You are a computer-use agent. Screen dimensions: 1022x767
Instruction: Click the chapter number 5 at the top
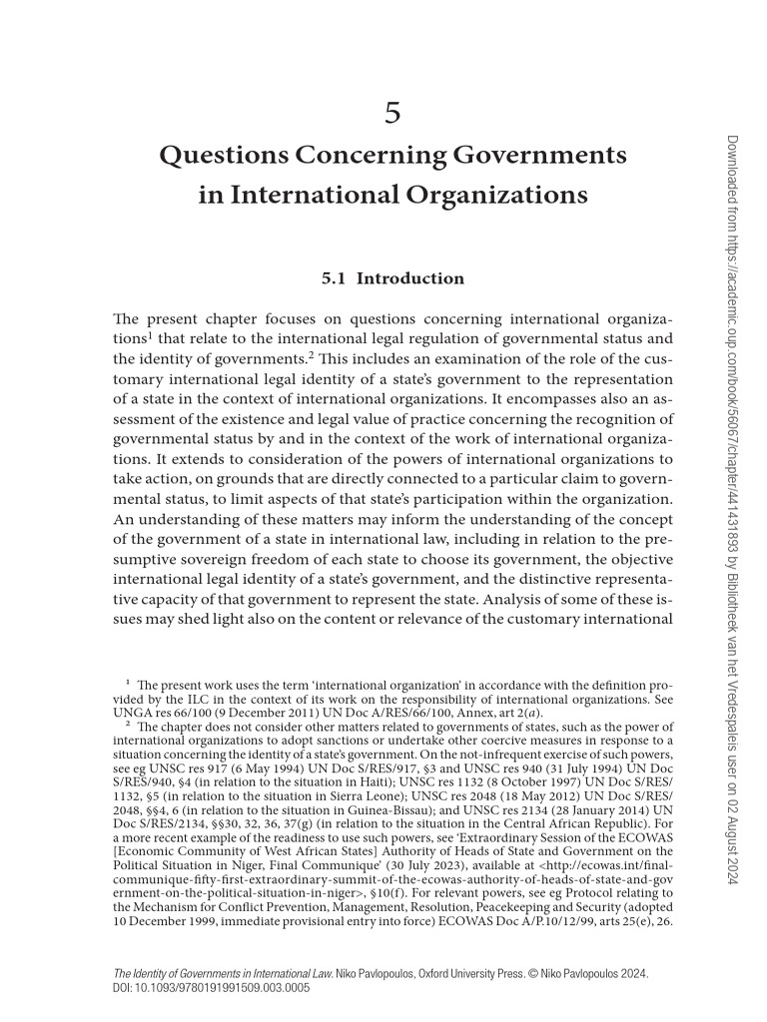(392, 113)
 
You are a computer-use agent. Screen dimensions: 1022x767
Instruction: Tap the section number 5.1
(333, 278)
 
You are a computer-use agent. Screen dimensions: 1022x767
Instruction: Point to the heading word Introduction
(409, 278)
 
